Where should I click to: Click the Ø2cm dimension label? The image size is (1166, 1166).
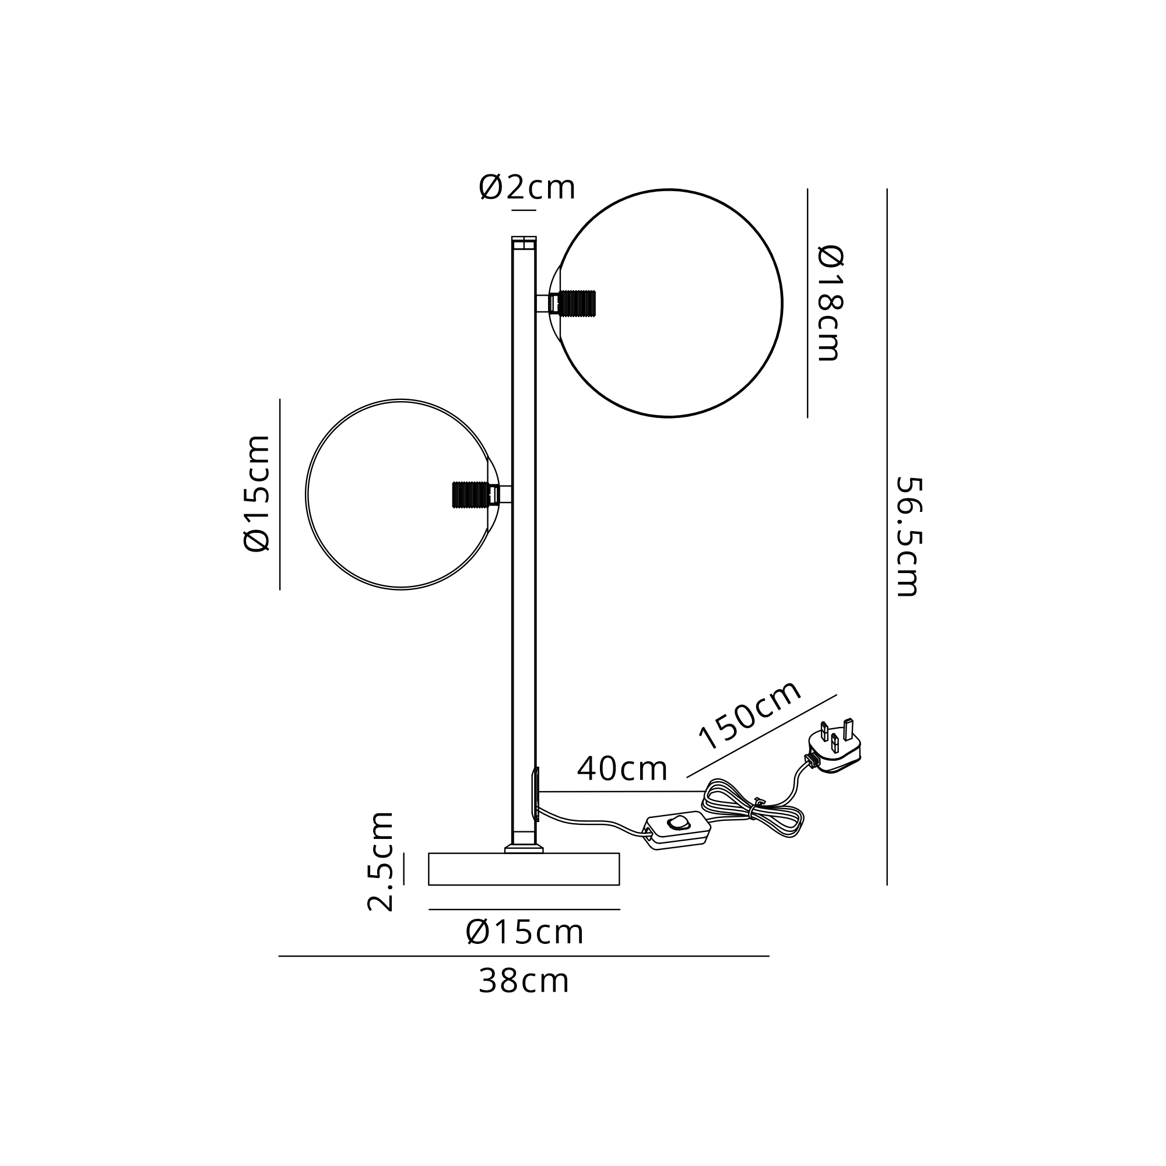pyautogui.click(x=527, y=187)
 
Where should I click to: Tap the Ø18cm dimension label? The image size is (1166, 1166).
pyautogui.click(x=830, y=303)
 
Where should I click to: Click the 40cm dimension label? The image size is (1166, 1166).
pyautogui.click(x=622, y=769)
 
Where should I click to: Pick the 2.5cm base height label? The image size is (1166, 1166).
pyautogui.click(x=381, y=861)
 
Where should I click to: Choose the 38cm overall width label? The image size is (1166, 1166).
pyautogui.click(x=524, y=981)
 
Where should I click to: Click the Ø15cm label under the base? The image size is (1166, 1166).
pyautogui.click(x=525, y=932)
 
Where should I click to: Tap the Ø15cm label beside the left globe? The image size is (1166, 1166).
pyautogui.click(x=257, y=493)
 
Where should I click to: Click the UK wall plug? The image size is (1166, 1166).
pyautogui.click(x=834, y=747)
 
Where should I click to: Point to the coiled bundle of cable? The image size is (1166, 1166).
pyautogui.click(x=752, y=809)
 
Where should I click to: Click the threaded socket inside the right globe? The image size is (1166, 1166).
pyautogui.click(x=578, y=303)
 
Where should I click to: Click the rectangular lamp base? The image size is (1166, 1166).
pyautogui.click(x=524, y=869)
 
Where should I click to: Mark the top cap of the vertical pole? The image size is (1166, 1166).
pyautogui.click(x=524, y=243)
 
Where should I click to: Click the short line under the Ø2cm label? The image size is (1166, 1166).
pyautogui.click(x=524, y=210)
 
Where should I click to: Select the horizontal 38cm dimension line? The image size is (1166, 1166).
pyautogui.click(x=524, y=956)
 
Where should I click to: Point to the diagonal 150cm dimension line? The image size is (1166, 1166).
pyautogui.click(x=761, y=736)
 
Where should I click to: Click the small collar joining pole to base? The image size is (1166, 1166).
pyautogui.click(x=524, y=848)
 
